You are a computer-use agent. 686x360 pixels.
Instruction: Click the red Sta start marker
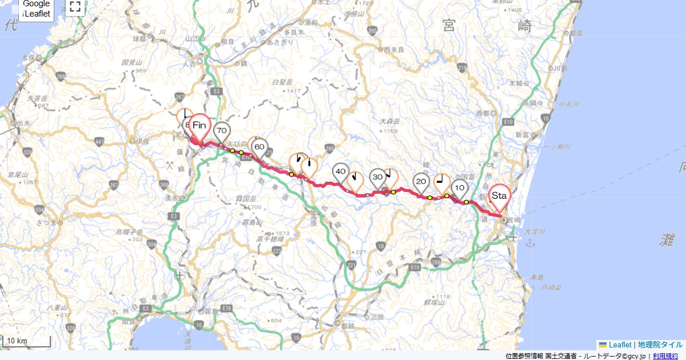(x=499, y=196)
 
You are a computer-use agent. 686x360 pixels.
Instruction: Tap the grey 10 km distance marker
(x=459, y=187)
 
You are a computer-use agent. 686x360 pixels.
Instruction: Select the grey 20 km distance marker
(x=421, y=182)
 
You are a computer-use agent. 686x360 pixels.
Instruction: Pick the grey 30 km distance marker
(x=377, y=177)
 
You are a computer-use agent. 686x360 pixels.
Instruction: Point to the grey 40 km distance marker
(x=341, y=171)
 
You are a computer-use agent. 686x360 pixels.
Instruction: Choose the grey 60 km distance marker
(x=259, y=147)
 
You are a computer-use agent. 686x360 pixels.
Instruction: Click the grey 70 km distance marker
(x=222, y=131)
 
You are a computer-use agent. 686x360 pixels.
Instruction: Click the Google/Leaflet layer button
(x=37, y=9)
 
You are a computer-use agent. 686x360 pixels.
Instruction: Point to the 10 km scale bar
(x=26, y=341)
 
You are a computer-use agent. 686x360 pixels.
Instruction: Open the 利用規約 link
(x=665, y=356)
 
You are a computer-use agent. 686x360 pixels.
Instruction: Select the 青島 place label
(x=536, y=277)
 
